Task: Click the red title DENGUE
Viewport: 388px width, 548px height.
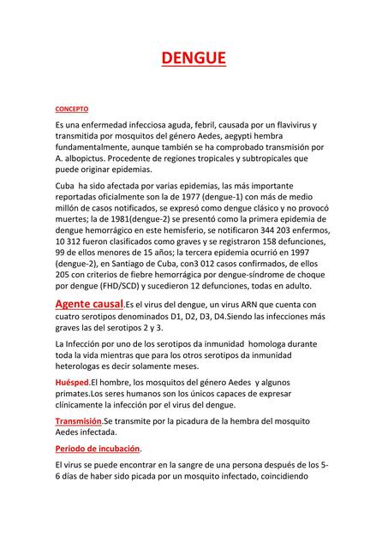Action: coord(194,58)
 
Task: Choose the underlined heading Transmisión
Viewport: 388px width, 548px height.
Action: coord(78,421)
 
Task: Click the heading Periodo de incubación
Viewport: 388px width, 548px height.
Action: coord(98,449)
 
